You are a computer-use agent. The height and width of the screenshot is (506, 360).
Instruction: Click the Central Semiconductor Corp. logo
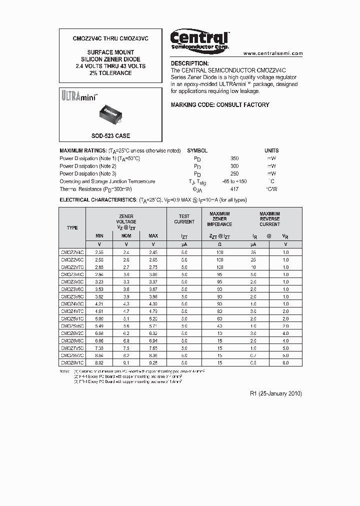pos(199,40)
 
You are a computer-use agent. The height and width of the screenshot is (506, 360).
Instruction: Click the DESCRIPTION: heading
pos(189,63)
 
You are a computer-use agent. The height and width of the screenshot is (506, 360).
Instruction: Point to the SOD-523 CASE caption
pos(110,136)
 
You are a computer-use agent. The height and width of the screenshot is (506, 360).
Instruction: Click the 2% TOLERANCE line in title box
pos(110,73)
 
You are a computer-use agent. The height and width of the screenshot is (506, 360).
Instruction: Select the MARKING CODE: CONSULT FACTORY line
pos(220,105)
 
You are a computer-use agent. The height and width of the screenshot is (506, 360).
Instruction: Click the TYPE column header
pos(72,227)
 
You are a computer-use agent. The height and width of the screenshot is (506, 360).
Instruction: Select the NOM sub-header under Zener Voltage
pos(126,235)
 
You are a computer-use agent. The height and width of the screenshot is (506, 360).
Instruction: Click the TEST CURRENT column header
pos(184,219)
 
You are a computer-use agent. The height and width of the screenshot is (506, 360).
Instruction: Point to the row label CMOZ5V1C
pos(72,318)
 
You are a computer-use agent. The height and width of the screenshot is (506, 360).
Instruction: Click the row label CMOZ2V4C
pos(72,252)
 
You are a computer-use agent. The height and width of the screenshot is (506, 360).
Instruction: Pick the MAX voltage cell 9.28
pos(153,362)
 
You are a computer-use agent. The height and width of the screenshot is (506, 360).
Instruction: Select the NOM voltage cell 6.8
pos(126,340)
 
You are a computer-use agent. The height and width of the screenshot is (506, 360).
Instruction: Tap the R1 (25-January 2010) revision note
pos(275,393)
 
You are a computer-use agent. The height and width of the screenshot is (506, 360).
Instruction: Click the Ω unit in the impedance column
pos(219,244)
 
